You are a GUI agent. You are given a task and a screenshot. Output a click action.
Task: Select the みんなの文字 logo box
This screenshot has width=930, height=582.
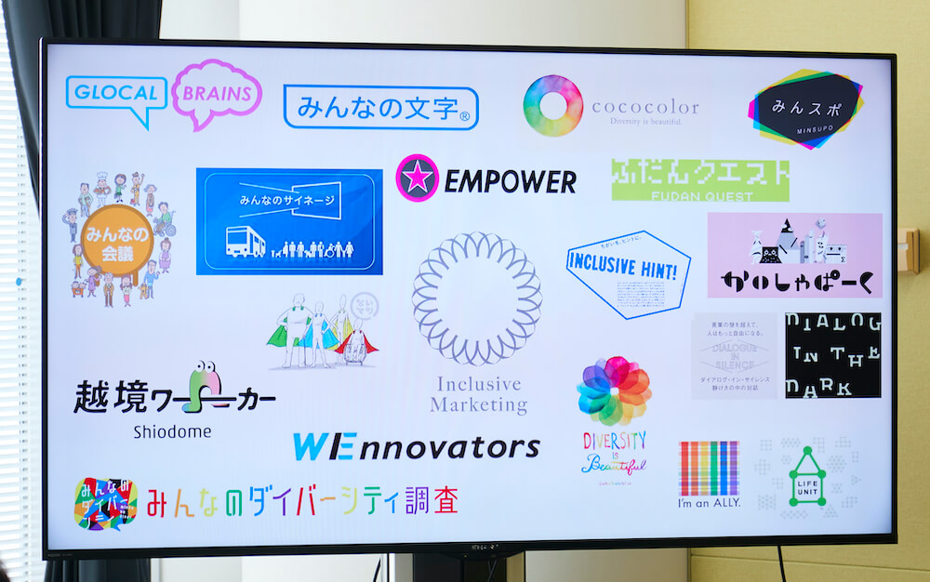tap(380, 108)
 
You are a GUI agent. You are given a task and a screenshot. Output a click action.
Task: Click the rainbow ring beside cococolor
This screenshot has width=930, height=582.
tap(552, 105)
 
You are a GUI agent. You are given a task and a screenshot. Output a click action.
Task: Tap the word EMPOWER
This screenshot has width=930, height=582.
tap(510, 180)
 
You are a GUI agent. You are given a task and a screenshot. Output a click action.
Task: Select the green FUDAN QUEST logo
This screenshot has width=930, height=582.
tap(699, 179)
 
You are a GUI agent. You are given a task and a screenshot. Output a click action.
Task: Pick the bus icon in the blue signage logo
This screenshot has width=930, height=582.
tap(245, 244)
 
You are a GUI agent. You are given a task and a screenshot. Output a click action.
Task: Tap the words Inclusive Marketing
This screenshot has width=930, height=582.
tap(478, 394)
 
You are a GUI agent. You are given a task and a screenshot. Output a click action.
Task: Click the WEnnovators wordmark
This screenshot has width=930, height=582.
tap(416, 447)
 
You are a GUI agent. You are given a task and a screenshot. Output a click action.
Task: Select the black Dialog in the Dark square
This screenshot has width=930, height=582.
tap(832, 355)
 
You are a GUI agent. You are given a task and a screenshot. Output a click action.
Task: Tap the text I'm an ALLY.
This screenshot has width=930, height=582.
tap(709, 504)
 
